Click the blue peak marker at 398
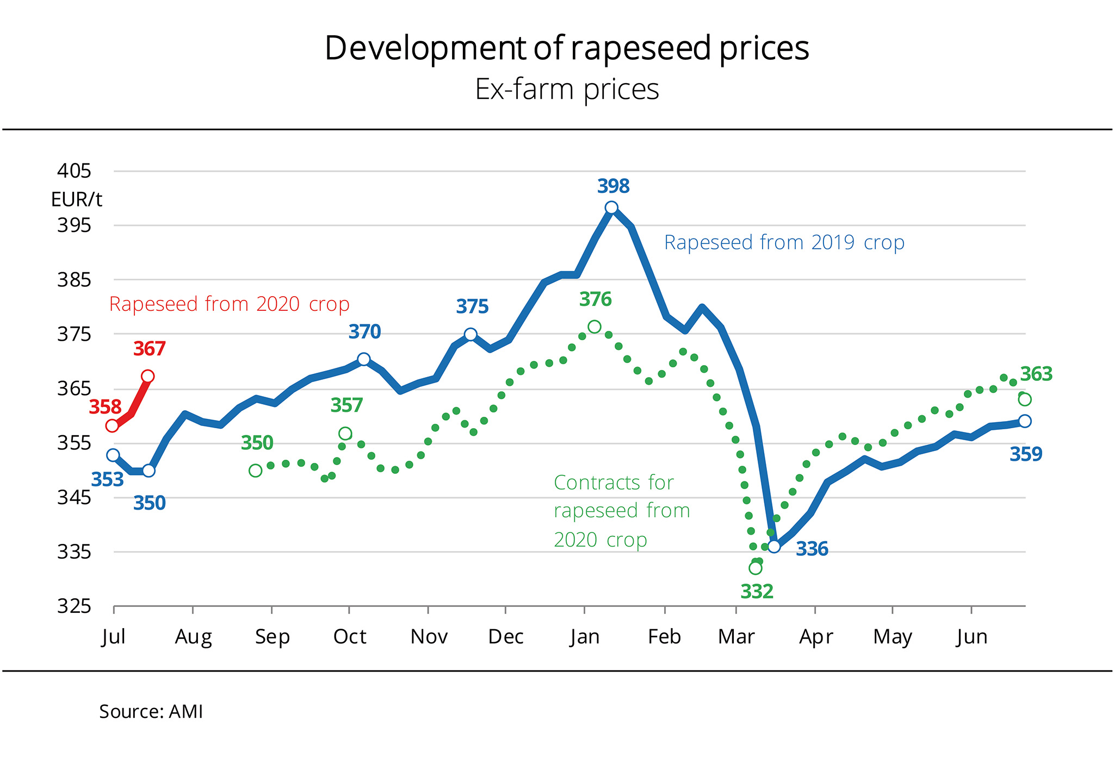[x=611, y=208]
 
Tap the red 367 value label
[x=150, y=349]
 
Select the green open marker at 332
[x=755, y=568]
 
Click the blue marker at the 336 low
[x=773, y=546]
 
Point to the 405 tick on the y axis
[x=74, y=171]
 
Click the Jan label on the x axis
[x=585, y=637]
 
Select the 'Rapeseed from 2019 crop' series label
[x=784, y=242]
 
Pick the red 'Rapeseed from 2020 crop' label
[x=229, y=304]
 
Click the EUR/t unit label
[x=76, y=200]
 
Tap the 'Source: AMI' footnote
[x=151, y=712]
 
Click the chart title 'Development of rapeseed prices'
[x=566, y=48]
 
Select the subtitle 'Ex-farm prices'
[x=566, y=90]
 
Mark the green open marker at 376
[x=595, y=327]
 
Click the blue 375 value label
[x=472, y=307]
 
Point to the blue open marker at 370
[x=364, y=359]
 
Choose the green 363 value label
[x=1036, y=374]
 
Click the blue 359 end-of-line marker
[x=1025, y=421]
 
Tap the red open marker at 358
[x=113, y=425]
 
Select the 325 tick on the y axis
[x=74, y=606]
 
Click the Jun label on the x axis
[x=971, y=637]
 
